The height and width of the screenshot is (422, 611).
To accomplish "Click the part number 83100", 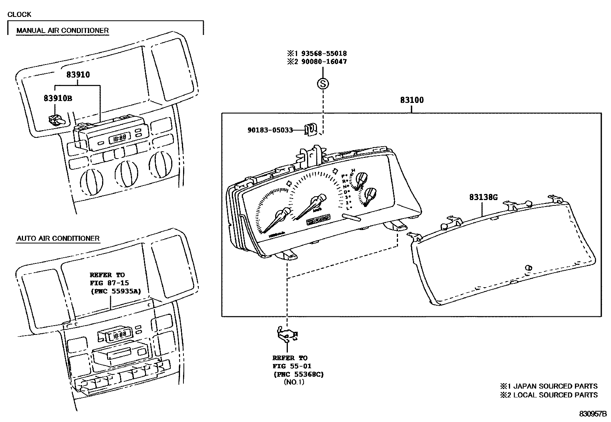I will (x=411, y=100).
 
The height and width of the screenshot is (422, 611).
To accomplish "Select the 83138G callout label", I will (x=483, y=197).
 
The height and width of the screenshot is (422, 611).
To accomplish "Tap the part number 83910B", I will (x=58, y=98).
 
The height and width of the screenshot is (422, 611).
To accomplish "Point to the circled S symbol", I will (x=323, y=83).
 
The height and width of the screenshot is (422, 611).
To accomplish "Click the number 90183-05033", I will (x=270, y=130).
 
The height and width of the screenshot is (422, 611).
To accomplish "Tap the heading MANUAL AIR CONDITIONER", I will (x=62, y=30).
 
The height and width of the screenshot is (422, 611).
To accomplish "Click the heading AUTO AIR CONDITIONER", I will (x=58, y=238).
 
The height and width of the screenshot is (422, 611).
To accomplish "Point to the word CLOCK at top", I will (x=19, y=15).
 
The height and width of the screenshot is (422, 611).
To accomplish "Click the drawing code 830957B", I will (x=593, y=414).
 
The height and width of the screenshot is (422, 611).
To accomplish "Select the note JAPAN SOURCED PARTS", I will (x=555, y=386).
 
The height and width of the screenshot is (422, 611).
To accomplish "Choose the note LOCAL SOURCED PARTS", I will (x=555, y=395).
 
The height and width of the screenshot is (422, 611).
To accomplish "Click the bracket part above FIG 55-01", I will (x=287, y=334).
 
